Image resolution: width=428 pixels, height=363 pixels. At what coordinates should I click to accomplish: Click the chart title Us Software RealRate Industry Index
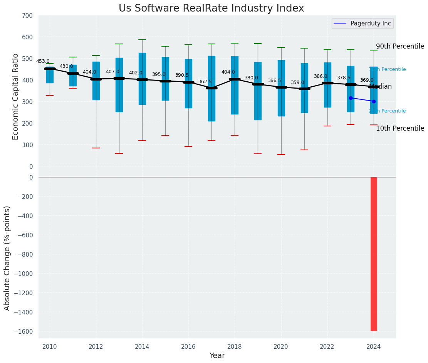pyautogui.click(x=211, y=8)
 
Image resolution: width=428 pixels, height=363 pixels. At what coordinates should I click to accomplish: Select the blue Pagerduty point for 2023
pyautogui.click(x=351, y=98)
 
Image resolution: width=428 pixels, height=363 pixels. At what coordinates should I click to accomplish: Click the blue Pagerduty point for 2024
pyautogui.click(x=374, y=101)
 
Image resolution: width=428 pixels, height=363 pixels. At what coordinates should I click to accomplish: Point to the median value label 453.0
pyautogui.click(x=43, y=61)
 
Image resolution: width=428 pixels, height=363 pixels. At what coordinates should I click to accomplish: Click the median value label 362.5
pyautogui.click(x=205, y=82)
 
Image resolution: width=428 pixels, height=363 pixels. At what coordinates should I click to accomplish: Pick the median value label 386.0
pyautogui.click(x=321, y=76)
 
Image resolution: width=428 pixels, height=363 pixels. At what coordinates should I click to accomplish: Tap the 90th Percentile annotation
pyautogui.click(x=400, y=46)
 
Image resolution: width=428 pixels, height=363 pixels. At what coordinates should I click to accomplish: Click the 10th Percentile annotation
pyautogui.click(x=400, y=128)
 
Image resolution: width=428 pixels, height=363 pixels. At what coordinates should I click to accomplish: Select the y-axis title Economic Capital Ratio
pyautogui.click(x=15, y=96)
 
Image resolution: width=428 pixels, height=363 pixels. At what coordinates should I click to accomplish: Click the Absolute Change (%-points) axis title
pyautogui.click(x=7, y=258)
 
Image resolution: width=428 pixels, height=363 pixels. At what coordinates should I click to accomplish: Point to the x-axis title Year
pyautogui.click(x=217, y=356)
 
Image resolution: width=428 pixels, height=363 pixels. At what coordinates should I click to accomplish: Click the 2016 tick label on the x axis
pyautogui.click(x=188, y=347)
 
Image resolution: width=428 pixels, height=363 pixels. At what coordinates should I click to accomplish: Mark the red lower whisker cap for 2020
pyautogui.click(x=281, y=155)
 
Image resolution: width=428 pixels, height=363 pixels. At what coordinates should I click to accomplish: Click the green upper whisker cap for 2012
pyautogui.click(x=96, y=55)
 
